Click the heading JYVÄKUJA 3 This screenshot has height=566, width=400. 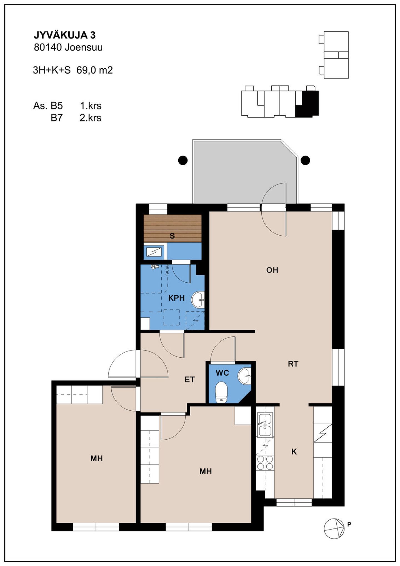(x=65, y=35)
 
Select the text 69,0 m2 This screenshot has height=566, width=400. (x=95, y=70)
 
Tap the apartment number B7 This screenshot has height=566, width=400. (x=56, y=118)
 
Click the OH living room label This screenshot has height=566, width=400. (x=272, y=270)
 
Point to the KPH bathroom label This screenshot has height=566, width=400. (x=176, y=298)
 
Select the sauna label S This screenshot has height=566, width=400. (x=172, y=236)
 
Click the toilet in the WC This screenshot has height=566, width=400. (x=221, y=392)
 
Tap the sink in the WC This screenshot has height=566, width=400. (x=244, y=376)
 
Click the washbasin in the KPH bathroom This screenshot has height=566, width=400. (x=198, y=300)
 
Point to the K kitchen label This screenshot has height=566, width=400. (x=294, y=452)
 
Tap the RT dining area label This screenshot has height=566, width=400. (x=293, y=364)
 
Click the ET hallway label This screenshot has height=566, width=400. (x=190, y=380)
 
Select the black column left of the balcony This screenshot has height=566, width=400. (x=183, y=160)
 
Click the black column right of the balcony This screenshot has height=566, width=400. (x=306, y=160)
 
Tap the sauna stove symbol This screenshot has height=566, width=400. (x=154, y=252)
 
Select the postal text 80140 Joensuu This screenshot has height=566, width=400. (x=68, y=48)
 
